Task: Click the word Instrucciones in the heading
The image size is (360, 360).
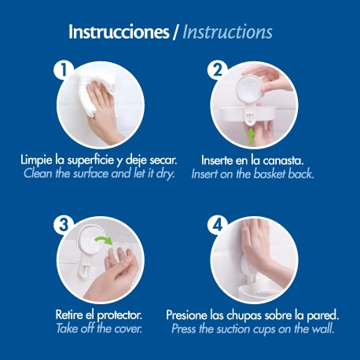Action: tap(119, 32)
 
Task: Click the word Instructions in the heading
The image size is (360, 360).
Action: tap(227, 32)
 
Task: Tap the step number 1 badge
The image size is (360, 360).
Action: tap(63, 70)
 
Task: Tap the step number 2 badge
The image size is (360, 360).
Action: tap(217, 70)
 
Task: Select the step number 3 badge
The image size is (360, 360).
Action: tap(63, 225)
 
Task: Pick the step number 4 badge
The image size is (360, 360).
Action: tap(217, 225)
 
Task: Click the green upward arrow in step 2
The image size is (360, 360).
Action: tap(251, 137)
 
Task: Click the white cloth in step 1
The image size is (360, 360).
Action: tap(97, 92)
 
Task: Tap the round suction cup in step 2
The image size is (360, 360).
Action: tap(248, 89)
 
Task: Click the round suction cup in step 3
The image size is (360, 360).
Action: tap(90, 240)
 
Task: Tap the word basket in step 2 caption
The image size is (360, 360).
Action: tap(270, 174)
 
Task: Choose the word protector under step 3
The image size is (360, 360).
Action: tap(119, 315)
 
